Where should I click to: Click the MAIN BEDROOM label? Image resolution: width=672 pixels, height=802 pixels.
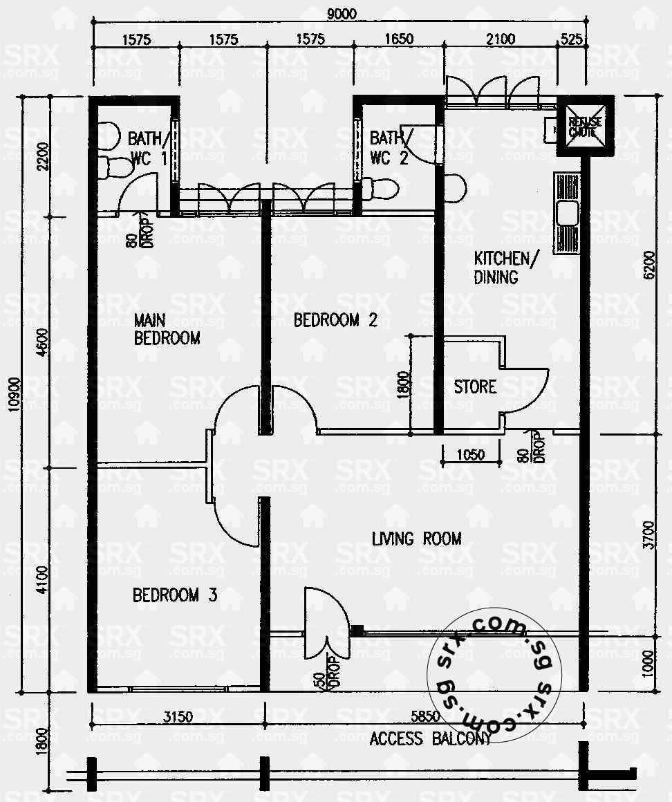point(167,329)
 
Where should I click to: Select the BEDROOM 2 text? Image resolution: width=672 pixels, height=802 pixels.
point(335,320)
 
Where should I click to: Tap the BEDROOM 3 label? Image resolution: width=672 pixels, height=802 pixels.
point(175,595)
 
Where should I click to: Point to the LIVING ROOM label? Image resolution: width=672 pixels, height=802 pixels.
point(416,539)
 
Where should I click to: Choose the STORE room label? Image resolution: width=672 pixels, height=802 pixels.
point(475,386)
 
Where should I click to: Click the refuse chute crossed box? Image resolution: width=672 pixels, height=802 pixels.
point(584,127)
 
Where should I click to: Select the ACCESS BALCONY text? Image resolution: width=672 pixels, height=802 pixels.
point(430,738)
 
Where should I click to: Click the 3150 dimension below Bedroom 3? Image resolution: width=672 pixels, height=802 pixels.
point(178,716)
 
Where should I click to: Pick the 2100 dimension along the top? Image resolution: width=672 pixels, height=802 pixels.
point(501,39)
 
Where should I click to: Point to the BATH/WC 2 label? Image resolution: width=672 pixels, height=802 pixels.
point(389,147)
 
